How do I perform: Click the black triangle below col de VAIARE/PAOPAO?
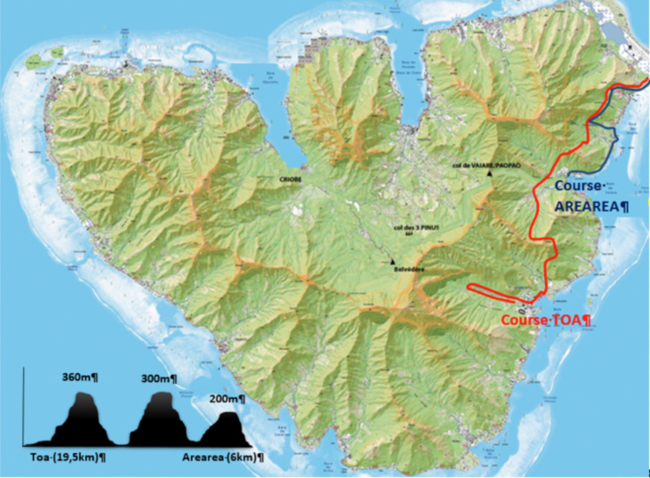click(491, 174)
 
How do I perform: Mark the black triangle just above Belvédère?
click(392, 261)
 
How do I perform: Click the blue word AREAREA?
click(590, 207)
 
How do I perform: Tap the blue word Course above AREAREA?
click(583, 185)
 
